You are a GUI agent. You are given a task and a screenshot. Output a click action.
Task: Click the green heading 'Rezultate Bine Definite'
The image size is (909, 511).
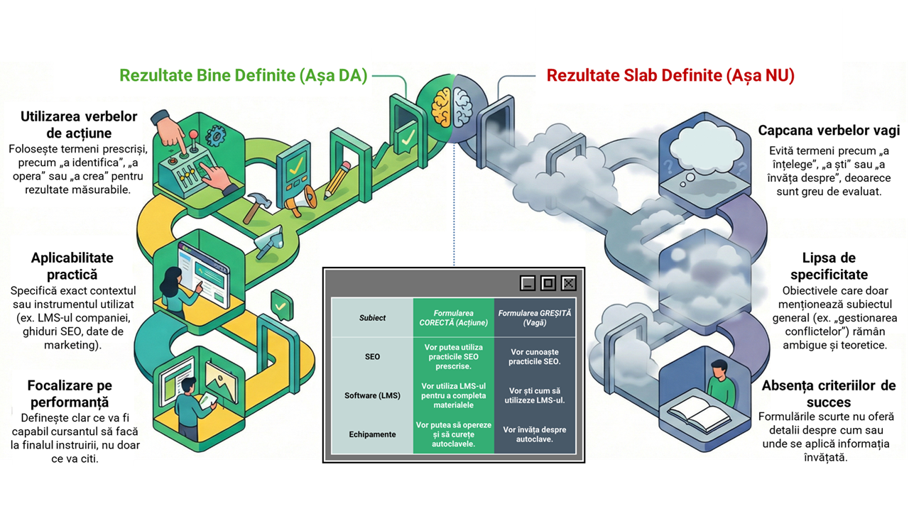[207, 75]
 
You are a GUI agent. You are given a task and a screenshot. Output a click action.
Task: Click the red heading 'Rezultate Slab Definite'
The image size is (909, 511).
[634, 75]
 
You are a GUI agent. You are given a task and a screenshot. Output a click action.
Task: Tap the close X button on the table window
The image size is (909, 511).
[569, 283]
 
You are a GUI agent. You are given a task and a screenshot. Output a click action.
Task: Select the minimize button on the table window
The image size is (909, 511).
[528, 283]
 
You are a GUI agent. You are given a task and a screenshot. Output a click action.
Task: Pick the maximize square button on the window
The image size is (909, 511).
[548, 283]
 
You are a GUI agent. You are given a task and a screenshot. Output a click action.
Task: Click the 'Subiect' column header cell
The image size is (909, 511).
[372, 318]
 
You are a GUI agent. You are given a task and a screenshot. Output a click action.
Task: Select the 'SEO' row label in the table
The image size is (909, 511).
[372, 357]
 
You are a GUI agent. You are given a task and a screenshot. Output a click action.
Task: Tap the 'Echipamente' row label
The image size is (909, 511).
[372, 434]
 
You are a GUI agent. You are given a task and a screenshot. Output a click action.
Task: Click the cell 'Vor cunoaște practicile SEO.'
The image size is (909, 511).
[535, 357]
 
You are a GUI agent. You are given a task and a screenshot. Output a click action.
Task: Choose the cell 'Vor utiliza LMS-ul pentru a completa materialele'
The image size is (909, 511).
[453, 395]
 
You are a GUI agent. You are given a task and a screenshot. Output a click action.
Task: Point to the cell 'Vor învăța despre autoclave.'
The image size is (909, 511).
[535, 434]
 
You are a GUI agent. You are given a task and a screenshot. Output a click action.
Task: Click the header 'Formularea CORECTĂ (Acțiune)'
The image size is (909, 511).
[453, 318]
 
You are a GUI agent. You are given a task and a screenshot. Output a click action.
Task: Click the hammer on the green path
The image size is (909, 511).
[256, 207]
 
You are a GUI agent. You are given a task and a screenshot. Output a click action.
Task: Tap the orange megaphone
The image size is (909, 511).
[301, 201]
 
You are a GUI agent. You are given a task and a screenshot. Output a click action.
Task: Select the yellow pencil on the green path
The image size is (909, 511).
[337, 180]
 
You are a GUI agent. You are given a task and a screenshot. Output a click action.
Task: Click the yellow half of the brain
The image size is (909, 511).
[442, 107]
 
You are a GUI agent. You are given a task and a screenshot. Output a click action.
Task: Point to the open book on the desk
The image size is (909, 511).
[699, 414]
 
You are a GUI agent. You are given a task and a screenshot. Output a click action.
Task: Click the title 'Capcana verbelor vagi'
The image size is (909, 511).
[829, 131]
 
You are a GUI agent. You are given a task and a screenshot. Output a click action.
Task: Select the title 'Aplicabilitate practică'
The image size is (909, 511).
[72, 266]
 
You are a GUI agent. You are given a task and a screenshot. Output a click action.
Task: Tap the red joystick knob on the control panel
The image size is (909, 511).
[194, 134]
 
